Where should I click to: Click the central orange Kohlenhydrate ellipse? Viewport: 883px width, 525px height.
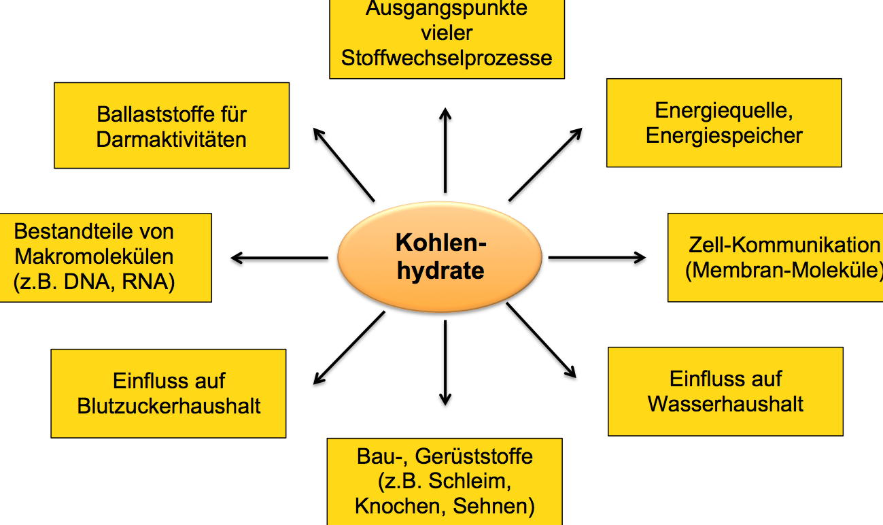click(x=440, y=257)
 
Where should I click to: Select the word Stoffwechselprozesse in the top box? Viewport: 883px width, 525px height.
click(x=447, y=58)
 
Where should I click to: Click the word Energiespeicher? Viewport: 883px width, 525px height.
click(x=724, y=135)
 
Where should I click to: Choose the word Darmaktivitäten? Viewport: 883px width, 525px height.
click(x=171, y=139)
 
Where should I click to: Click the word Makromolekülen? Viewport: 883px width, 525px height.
click(x=94, y=256)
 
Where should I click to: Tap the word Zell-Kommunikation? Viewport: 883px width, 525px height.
click(x=784, y=245)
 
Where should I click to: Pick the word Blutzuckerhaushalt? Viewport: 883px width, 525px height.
click(x=169, y=406)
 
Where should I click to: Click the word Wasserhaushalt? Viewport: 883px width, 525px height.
click(x=725, y=404)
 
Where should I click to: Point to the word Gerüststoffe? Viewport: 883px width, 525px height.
click(x=474, y=456)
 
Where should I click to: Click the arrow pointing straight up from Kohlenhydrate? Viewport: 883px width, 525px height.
click(x=445, y=150)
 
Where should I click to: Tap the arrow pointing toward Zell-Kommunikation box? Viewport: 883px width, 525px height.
click(x=597, y=258)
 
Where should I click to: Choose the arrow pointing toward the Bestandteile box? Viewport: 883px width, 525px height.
click(x=279, y=258)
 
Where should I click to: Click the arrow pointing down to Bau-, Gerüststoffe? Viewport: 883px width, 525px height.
click(x=445, y=363)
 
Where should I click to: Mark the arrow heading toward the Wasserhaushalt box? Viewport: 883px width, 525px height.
click(x=541, y=341)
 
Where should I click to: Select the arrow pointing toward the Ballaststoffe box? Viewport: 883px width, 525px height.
click(x=344, y=165)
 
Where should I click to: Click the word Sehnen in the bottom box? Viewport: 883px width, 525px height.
click(x=494, y=506)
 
